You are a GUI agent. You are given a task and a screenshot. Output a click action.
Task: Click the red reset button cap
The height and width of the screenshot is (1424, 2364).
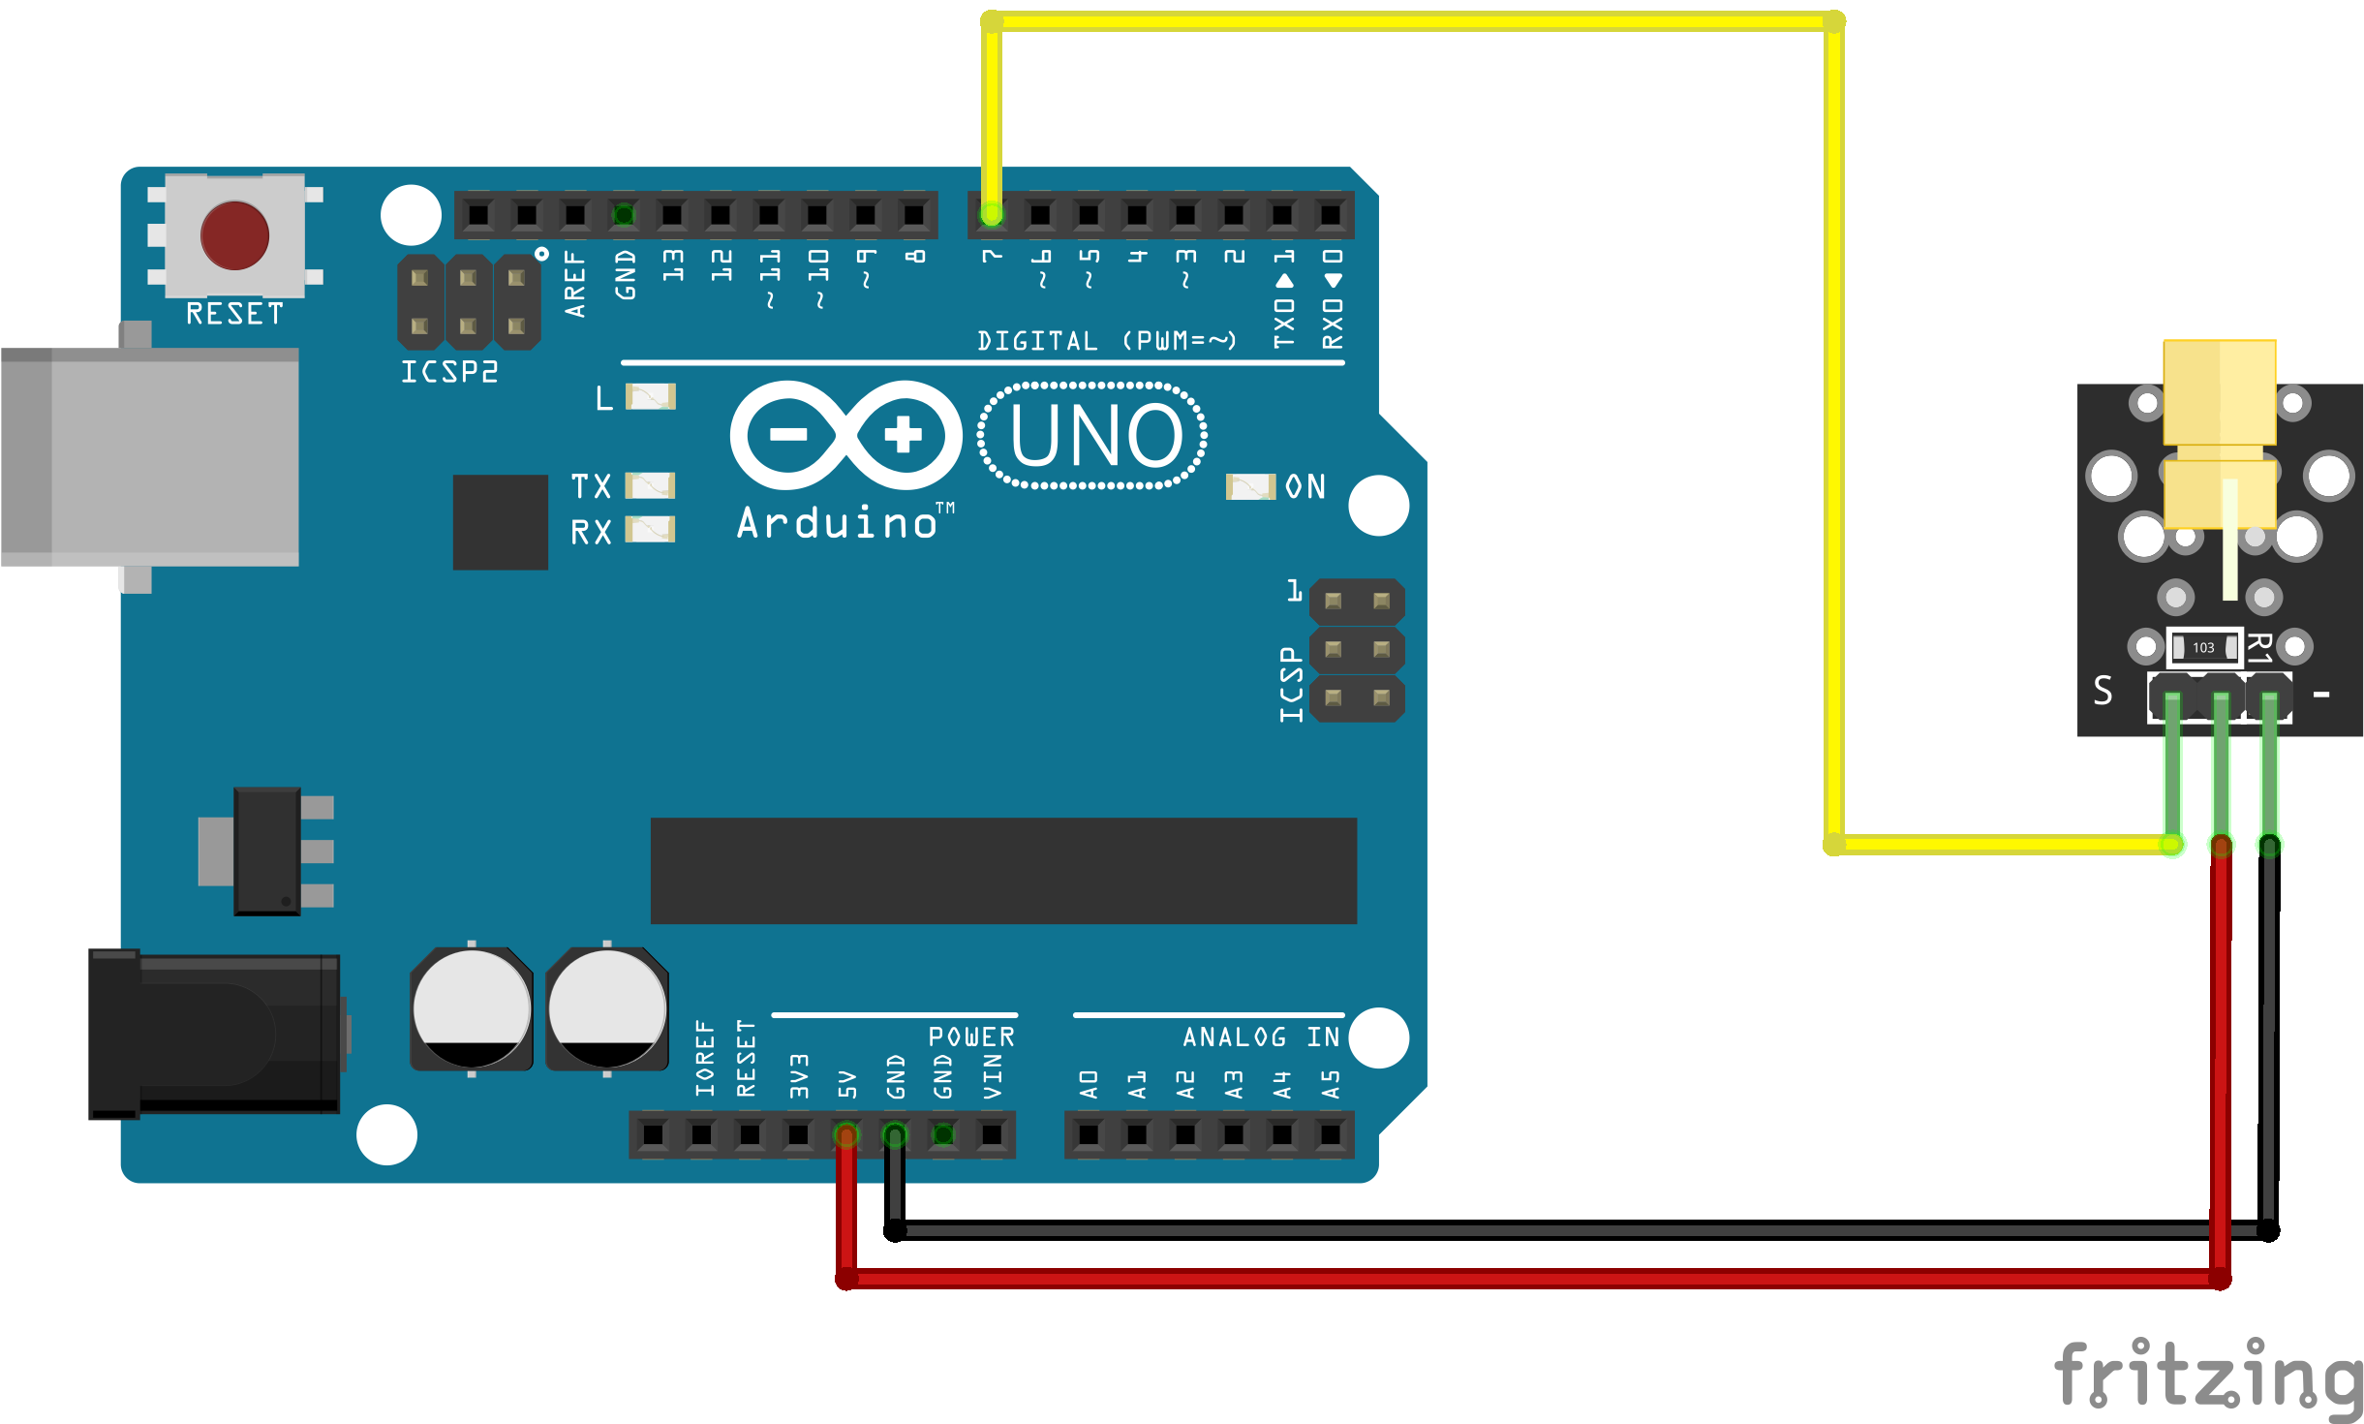click(x=234, y=235)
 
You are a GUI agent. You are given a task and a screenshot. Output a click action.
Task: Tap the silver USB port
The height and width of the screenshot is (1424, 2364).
click(x=150, y=456)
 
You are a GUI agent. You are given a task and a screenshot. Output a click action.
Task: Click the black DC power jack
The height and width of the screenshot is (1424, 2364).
click(x=214, y=1034)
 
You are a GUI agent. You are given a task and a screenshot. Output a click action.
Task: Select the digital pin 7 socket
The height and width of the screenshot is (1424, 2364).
click(x=992, y=214)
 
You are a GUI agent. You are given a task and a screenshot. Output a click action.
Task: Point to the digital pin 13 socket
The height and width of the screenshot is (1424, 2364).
click(x=672, y=214)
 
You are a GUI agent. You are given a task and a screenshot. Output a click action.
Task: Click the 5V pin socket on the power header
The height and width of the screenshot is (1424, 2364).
click(x=846, y=1134)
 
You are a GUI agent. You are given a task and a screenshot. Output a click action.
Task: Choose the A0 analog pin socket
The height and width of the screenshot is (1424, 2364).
click(x=1089, y=1134)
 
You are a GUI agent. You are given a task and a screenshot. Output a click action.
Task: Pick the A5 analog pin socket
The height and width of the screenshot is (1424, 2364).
click(x=1331, y=1134)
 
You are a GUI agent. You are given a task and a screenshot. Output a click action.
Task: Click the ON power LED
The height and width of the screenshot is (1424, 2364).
click(x=1250, y=486)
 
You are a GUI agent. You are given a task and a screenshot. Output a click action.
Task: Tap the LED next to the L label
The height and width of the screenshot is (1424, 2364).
click(x=651, y=396)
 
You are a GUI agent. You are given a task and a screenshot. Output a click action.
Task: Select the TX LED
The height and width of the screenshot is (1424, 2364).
click(x=650, y=484)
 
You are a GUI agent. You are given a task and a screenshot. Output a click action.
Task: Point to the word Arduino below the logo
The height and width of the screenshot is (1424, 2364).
click(x=838, y=523)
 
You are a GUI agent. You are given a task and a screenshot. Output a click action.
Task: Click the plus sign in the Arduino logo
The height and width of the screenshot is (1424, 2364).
click(x=904, y=435)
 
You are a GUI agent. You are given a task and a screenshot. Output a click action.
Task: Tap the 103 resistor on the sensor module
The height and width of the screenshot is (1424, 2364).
click(x=2204, y=647)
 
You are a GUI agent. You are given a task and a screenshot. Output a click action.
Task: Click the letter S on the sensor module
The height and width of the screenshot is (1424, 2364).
click(x=2103, y=691)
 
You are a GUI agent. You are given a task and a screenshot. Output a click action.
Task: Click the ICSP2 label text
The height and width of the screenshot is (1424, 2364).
click(x=449, y=372)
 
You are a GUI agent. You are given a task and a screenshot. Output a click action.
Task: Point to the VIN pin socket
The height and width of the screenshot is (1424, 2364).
click(x=992, y=1134)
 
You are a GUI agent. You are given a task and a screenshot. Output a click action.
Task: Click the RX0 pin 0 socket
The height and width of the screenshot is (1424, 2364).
click(x=1331, y=214)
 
